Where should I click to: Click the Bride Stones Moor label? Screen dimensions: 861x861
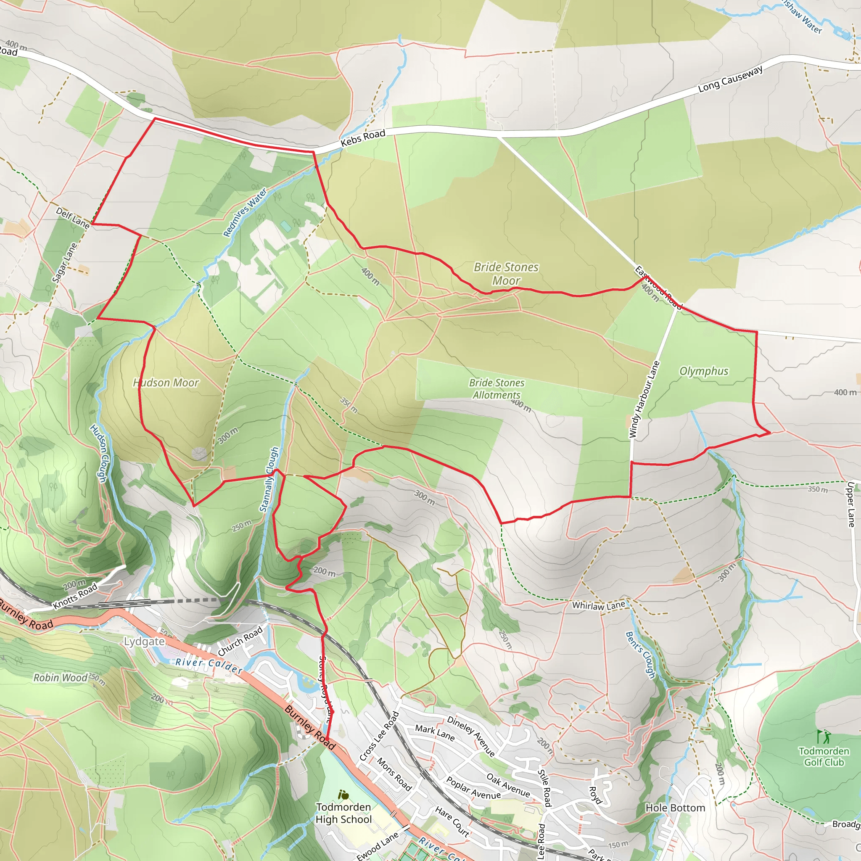click(x=506, y=274)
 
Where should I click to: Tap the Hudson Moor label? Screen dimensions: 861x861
click(x=166, y=383)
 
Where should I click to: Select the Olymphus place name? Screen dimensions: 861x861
click(x=704, y=371)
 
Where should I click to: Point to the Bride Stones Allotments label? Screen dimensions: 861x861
click(x=497, y=388)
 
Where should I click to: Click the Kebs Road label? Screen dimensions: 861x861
click(x=363, y=138)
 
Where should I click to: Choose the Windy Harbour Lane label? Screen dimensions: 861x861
click(x=644, y=399)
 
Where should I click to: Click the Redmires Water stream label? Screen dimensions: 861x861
click(x=245, y=212)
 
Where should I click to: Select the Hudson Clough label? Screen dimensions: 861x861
click(x=99, y=453)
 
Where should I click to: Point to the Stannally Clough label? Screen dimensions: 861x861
click(x=269, y=480)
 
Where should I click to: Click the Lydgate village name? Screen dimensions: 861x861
click(x=144, y=641)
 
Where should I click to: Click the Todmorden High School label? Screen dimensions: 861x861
click(x=343, y=813)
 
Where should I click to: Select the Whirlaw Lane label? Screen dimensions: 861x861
click(x=599, y=606)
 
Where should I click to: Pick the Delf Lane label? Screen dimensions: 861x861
click(x=73, y=217)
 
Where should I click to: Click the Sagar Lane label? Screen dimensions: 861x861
click(x=65, y=263)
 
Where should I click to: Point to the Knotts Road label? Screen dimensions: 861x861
click(x=75, y=596)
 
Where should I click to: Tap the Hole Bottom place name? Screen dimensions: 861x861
click(x=675, y=808)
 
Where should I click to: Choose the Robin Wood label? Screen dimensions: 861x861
click(x=61, y=678)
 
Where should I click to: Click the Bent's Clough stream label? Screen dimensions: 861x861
click(x=640, y=655)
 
